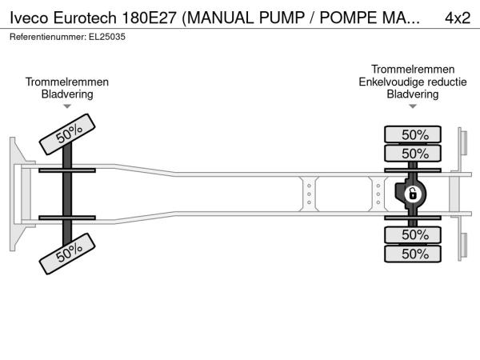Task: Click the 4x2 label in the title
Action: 458,18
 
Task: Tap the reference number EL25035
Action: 107,37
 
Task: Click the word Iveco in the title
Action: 29,18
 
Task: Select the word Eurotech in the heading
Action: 85,18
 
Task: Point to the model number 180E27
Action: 149,18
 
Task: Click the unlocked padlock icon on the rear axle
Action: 412,194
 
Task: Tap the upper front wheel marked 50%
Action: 67,134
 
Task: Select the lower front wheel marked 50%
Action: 67,254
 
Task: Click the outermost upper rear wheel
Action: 413,134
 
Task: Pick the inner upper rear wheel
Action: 413,153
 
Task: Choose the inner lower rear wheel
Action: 413,234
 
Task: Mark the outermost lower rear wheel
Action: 413,254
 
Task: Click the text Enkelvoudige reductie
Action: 413,82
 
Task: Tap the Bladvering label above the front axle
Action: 67,94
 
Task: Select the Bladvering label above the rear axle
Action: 413,94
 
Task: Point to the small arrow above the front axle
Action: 67,106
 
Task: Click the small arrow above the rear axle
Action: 413,106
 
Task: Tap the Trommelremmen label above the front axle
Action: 67,82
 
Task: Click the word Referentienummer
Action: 48,37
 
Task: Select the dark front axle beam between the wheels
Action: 67,194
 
